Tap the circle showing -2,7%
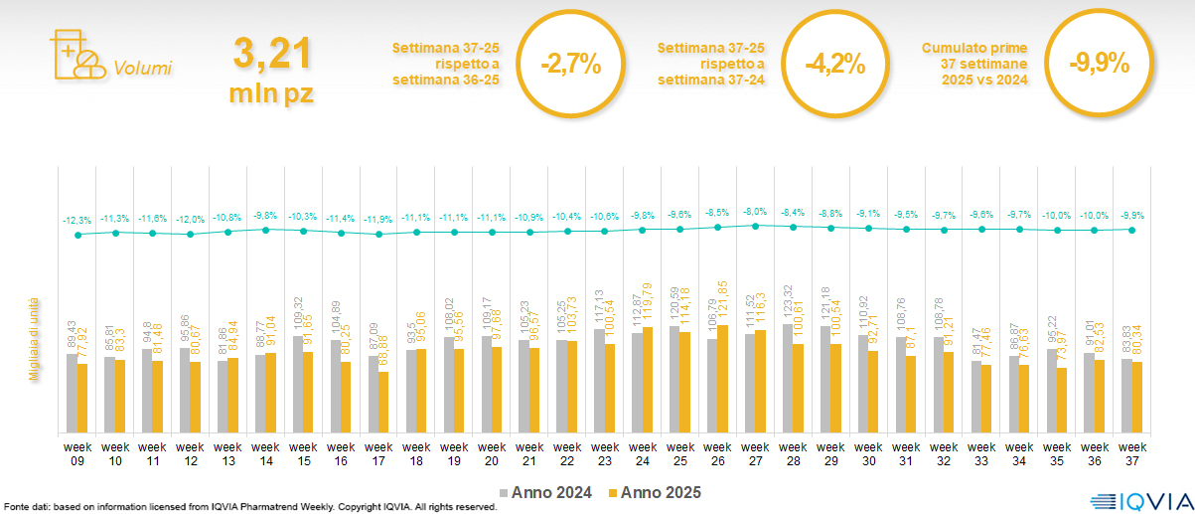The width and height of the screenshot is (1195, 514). (570, 66)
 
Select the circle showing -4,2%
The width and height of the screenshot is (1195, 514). (834, 66)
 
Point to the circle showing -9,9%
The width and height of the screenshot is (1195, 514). (1099, 66)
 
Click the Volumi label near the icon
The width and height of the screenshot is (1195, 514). (143, 69)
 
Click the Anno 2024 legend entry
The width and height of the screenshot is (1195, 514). (546, 492)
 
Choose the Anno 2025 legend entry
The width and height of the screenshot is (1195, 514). (655, 492)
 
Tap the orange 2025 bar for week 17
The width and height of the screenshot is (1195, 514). (383, 403)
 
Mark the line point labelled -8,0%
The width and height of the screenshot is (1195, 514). (756, 226)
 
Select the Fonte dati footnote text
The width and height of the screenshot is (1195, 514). (248, 507)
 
